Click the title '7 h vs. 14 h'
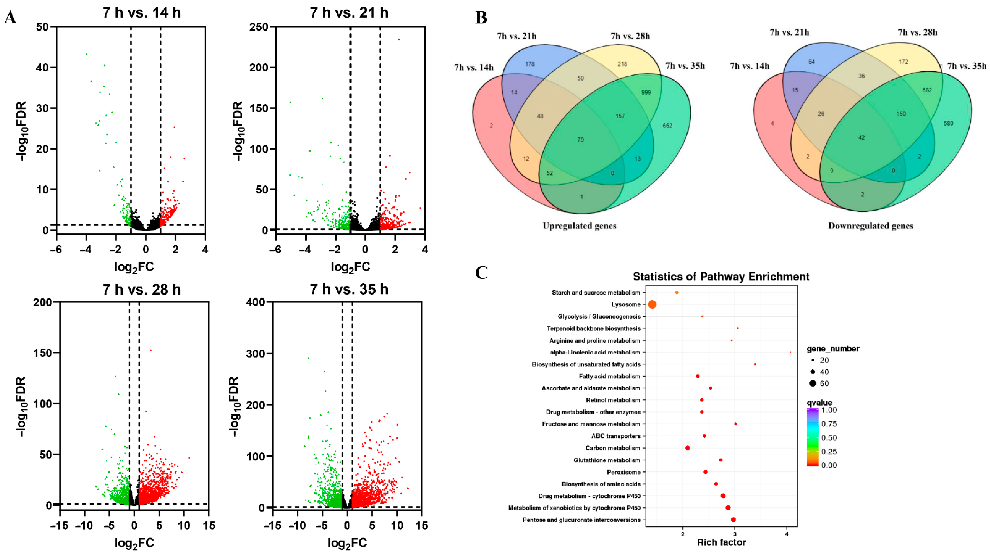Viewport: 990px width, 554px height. point(141,13)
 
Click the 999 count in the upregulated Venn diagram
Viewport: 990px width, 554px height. point(646,92)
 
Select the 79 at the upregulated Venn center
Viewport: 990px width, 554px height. point(580,140)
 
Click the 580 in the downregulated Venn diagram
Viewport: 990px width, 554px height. point(949,123)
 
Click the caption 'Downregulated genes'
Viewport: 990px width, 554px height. point(870,226)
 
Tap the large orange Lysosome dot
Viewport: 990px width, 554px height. point(652,304)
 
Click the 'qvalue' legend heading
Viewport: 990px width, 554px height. point(819,403)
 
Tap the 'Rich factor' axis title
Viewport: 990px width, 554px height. point(721,542)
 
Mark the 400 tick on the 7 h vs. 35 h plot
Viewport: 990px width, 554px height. point(255,302)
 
